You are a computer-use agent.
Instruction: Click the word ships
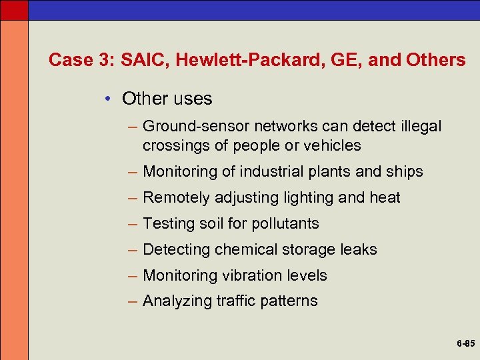coord(404,171)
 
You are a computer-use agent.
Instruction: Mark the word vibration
coord(253,275)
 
